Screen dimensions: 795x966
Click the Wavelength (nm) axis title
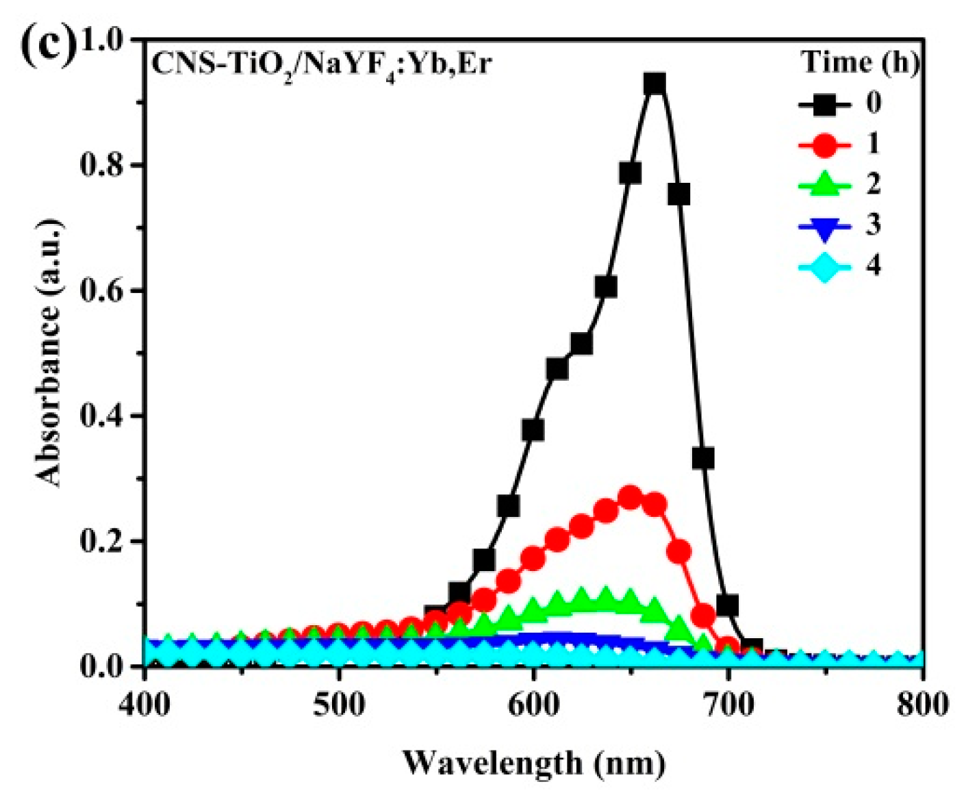[533, 762]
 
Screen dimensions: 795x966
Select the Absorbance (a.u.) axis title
[49, 353]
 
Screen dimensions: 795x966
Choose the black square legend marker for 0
[824, 104]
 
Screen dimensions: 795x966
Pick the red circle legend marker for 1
[824, 144]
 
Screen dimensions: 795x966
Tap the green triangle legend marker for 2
[824, 185]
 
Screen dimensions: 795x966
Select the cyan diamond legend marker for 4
[824, 266]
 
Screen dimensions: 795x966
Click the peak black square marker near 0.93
[654, 84]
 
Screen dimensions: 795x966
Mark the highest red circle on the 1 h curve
[630, 498]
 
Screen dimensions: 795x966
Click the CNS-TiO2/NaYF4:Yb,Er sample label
[321, 65]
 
